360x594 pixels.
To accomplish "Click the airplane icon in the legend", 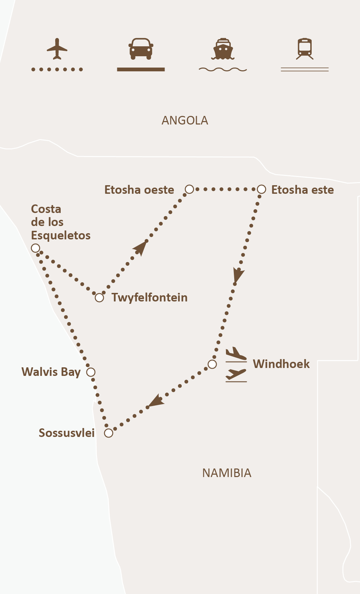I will click(x=57, y=49).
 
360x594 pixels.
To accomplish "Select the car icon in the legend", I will click(x=141, y=48).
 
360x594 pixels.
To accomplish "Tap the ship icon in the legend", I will click(x=223, y=49).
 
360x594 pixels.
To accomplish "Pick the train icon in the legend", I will click(x=305, y=49).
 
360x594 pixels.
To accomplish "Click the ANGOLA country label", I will click(x=185, y=121).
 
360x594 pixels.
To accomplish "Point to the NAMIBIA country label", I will click(x=227, y=473).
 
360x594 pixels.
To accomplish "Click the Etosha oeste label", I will click(x=139, y=190).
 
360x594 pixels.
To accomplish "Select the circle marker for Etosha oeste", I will click(x=189, y=189).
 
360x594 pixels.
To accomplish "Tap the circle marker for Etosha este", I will click(x=261, y=189).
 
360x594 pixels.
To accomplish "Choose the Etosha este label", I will click(x=302, y=190).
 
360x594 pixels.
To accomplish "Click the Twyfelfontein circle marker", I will click(x=99, y=298).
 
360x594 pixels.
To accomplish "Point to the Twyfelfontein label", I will click(x=149, y=298).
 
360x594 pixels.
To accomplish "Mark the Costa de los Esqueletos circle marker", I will click(x=35, y=248).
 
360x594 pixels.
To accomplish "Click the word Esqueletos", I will click(x=61, y=236).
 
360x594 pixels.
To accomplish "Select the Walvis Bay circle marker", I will click(x=91, y=372).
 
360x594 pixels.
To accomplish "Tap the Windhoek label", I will click(x=281, y=364).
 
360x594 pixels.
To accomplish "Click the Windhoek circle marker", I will click(x=212, y=364).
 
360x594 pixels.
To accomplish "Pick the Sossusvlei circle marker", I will click(x=109, y=433).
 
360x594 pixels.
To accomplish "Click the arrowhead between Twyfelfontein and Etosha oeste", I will click(x=141, y=247).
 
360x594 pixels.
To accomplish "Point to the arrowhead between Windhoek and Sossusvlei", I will click(x=156, y=401).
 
